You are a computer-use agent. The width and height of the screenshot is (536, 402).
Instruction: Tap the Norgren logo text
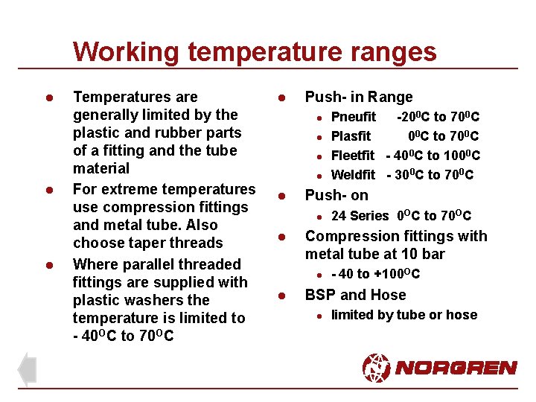tap(456, 368)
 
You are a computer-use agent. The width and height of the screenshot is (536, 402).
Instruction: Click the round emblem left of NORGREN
tap(376, 368)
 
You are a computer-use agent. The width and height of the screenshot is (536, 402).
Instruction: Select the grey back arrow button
tap(27, 369)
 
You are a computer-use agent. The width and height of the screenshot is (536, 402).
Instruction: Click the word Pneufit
tap(353, 117)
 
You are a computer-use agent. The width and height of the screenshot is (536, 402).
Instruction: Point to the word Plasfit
tap(350, 136)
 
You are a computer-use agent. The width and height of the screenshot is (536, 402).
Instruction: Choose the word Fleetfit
tap(352, 156)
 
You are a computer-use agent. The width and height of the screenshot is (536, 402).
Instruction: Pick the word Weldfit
tap(353, 175)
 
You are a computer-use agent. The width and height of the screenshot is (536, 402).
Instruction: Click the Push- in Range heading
tap(358, 97)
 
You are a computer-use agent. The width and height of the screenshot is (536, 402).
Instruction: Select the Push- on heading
tap(336, 196)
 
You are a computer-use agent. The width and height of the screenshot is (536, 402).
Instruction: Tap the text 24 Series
tap(360, 216)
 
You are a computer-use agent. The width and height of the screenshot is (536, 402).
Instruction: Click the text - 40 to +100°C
tap(375, 274)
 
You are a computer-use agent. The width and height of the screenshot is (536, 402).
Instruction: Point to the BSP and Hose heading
tap(355, 295)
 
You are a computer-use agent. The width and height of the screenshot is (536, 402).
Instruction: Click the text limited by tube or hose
tap(403, 315)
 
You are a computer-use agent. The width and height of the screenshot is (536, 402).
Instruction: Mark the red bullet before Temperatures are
tap(47, 98)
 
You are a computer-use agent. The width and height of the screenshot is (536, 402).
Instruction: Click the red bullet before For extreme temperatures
tap(47, 190)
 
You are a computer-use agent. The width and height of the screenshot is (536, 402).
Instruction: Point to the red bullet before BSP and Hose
tap(282, 296)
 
